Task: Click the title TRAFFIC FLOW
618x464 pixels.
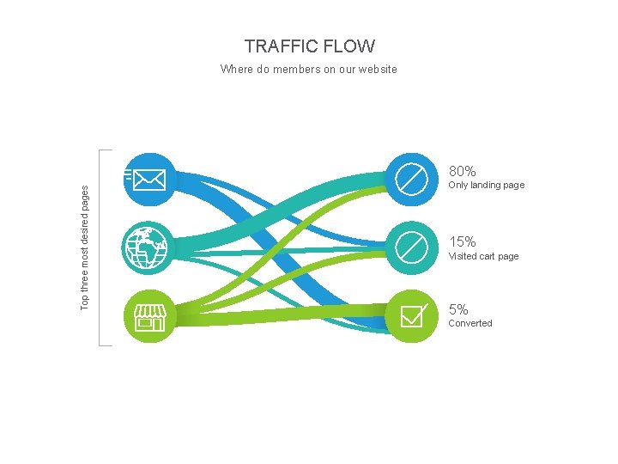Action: coord(309,46)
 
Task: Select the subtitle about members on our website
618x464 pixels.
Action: coord(309,70)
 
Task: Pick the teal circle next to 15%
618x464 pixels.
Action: coord(411,248)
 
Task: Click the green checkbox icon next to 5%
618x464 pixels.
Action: coord(411,316)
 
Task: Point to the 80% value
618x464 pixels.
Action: coord(462,172)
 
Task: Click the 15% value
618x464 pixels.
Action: coord(462,242)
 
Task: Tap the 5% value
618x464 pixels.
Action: coord(458,310)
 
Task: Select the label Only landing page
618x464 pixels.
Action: coord(486,186)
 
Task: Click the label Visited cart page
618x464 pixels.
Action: coord(483,256)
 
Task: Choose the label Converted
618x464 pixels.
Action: coord(470,324)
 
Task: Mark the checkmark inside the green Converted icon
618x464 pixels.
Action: coord(415,313)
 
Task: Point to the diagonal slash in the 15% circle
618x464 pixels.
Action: coord(411,248)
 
